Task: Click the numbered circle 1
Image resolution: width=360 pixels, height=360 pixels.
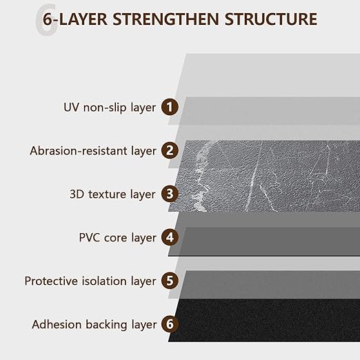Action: tap(170, 107)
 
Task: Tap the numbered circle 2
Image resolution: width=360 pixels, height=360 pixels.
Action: tap(170, 150)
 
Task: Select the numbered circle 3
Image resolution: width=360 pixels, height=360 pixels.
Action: tap(170, 194)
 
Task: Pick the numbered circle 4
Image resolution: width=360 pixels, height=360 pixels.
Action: tap(170, 237)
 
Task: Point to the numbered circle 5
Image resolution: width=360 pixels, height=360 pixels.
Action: tap(170, 281)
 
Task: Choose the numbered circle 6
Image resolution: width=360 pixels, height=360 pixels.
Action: tap(170, 324)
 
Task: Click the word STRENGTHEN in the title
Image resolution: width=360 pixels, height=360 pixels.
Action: tap(166, 19)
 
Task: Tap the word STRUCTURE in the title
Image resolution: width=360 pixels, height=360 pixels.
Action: tap(271, 19)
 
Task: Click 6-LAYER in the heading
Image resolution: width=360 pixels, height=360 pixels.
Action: tap(75, 19)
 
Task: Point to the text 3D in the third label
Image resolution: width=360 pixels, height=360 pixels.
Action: tap(77, 194)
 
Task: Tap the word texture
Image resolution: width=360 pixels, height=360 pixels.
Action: tap(108, 194)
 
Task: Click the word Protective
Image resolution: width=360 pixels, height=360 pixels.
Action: tap(52, 281)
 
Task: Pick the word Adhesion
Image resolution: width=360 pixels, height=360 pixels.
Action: tap(57, 325)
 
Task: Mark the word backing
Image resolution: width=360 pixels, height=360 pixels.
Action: tap(106, 325)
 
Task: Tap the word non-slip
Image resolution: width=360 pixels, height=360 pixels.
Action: tap(105, 108)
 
